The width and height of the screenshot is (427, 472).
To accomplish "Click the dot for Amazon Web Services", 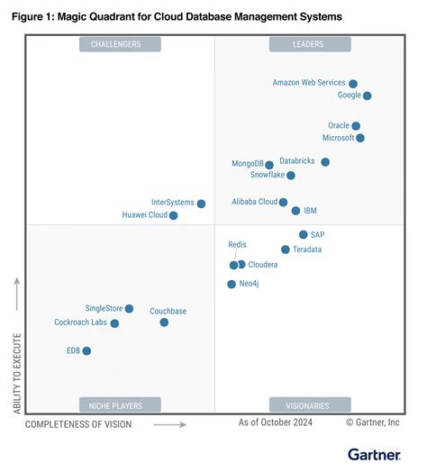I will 353,83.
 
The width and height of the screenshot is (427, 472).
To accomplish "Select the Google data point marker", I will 367,95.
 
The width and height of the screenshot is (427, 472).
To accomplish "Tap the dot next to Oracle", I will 356,126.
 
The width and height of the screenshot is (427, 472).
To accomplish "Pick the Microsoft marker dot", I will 360,138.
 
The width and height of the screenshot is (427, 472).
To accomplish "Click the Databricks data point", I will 325,162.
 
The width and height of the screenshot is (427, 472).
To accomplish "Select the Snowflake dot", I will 290,176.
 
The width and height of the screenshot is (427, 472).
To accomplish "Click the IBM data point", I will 295,211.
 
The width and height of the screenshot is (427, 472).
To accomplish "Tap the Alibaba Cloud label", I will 254,202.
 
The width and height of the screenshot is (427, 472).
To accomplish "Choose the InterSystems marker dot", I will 201,204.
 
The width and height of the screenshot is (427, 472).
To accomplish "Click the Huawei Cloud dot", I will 174,215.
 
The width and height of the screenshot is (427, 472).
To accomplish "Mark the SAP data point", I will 304,234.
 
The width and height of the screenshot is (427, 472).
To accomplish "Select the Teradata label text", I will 307,250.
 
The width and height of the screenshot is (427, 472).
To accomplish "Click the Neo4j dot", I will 232,284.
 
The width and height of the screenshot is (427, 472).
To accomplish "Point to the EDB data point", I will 86,351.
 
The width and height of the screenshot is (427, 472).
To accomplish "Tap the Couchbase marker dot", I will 164,322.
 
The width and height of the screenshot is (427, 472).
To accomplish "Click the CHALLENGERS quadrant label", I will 114,44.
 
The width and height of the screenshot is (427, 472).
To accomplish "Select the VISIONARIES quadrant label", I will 307,404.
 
